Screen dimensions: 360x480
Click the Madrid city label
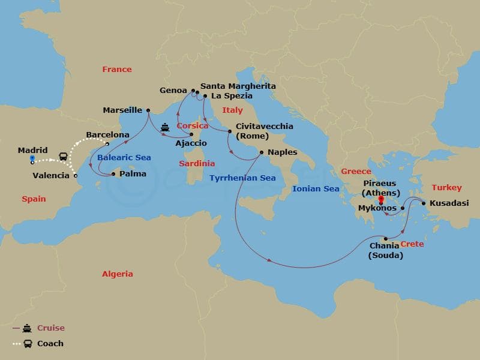[33, 150]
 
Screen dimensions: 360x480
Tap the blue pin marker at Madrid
[32, 159]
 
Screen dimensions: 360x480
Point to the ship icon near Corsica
[165, 127]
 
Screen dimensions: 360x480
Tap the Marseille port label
[122, 110]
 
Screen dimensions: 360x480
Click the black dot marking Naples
[261, 152]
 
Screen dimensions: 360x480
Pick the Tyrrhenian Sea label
[242, 178]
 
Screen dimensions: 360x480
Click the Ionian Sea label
[315, 188]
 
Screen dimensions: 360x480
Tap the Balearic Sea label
[124, 158]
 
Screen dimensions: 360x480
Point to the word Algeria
[117, 274]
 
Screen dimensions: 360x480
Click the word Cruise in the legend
[50, 328]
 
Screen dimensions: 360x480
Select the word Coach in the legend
[50, 344]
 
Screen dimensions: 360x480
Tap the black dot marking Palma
[113, 175]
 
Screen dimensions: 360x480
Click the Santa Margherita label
[238, 86]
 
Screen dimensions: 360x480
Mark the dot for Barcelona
[107, 144]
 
